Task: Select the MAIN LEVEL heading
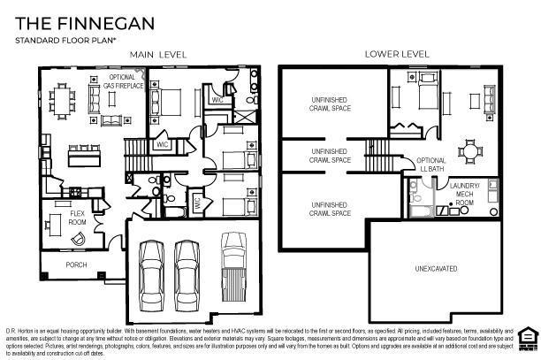pos(158,55)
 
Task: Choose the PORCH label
pos(77,264)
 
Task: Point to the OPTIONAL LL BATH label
pos(431,164)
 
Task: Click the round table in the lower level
pos(470,150)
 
